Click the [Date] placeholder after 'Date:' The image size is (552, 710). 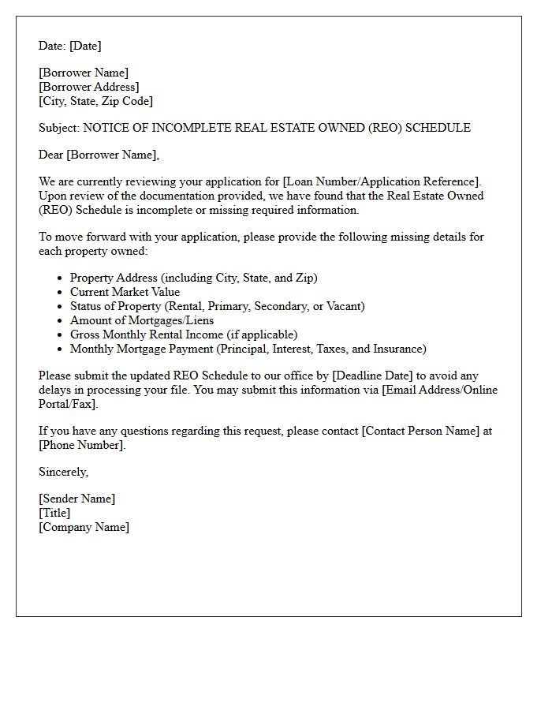point(85,46)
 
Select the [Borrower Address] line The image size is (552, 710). point(88,87)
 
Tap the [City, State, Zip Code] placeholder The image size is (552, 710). point(95,101)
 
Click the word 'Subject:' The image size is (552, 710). point(59,128)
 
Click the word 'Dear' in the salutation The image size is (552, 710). point(51,155)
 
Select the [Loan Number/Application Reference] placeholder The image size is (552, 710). point(380,181)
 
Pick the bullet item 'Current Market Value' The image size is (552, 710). point(125,292)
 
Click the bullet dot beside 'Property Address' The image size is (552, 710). point(60,278)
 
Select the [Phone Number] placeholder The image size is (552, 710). point(81,445)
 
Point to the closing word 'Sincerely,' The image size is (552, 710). point(63,472)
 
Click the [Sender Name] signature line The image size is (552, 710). point(76,499)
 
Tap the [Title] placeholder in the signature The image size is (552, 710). point(54,513)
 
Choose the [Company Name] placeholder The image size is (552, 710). point(84,527)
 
